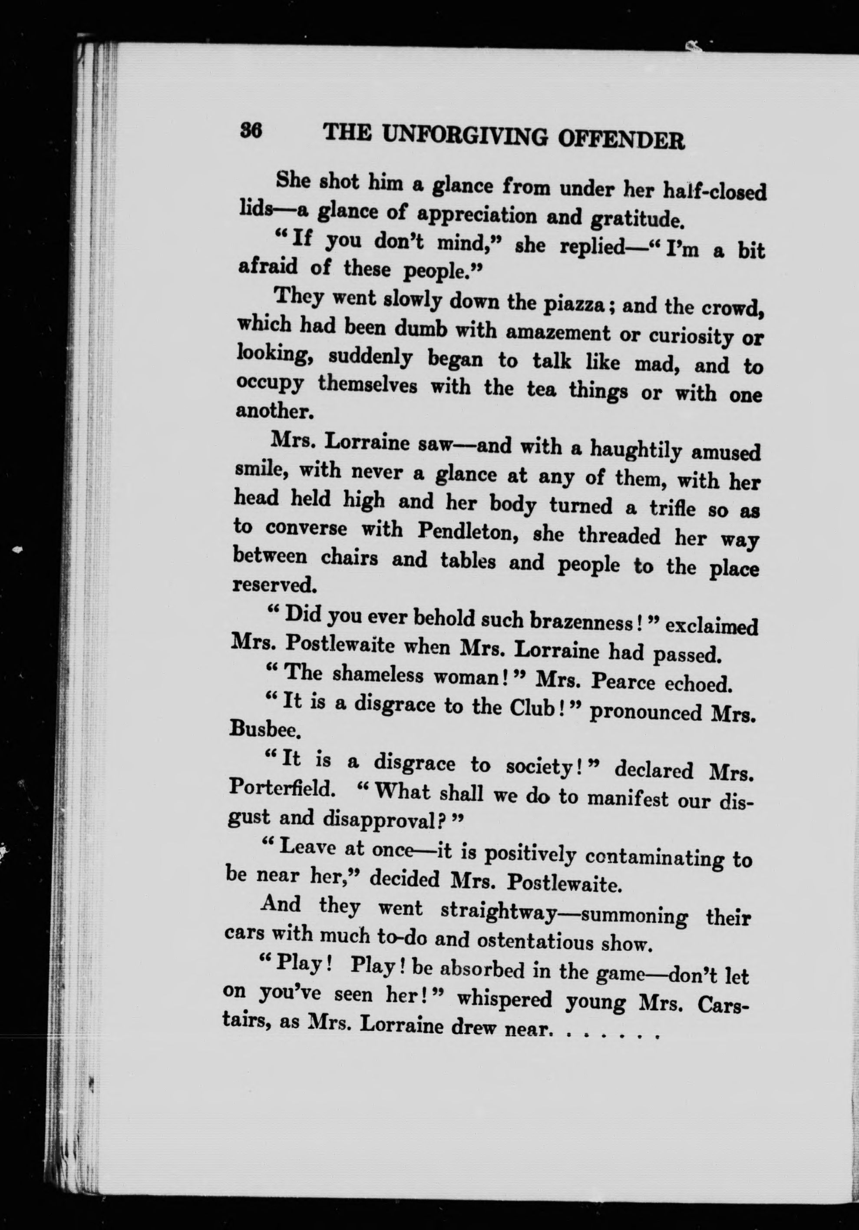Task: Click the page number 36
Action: point(251,130)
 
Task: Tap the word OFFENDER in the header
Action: point(621,140)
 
